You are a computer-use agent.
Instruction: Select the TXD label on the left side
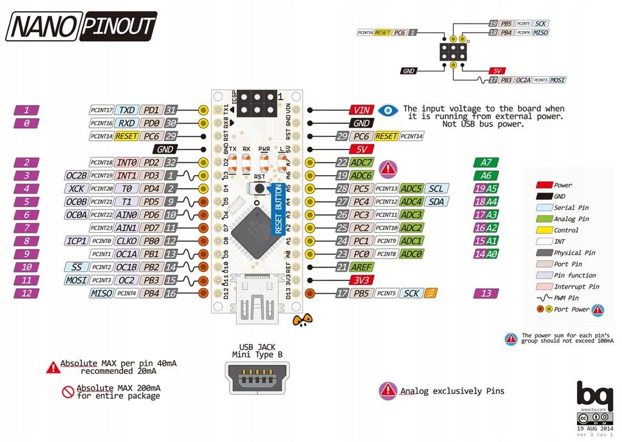point(127,110)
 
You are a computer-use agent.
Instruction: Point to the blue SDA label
point(436,201)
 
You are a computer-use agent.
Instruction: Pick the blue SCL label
point(436,188)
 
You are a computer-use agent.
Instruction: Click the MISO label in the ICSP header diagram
point(540,32)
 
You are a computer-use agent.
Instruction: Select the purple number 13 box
point(486,294)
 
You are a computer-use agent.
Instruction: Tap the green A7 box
point(486,162)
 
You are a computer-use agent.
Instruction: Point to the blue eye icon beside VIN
point(388,110)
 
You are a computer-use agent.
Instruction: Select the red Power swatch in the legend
point(543,185)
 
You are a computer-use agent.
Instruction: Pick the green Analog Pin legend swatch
point(543,219)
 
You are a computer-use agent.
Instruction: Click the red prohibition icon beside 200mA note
point(68,391)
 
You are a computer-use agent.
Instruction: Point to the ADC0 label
point(411,254)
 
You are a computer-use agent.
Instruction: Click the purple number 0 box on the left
point(27,123)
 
